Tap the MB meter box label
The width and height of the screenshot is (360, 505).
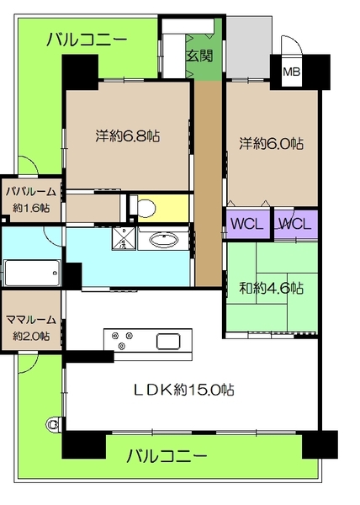pyautogui.click(x=291, y=72)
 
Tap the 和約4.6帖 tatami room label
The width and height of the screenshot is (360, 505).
pyautogui.click(x=272, y=287)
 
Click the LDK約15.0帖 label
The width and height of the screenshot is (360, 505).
pyautogui.click(x=180, y=390)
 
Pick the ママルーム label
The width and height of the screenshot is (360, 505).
pyautogui.click(x=29, y=327)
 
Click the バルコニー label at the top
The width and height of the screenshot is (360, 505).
pyautogui.click(x=87, y=38)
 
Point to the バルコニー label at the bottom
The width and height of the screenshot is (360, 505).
pyautogui.click(x=167, y=457)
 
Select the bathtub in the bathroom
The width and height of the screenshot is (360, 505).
pyautogui.click(x=31, y=274)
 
